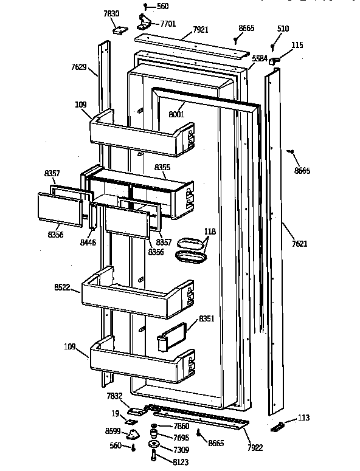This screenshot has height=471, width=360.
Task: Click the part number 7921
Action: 201,29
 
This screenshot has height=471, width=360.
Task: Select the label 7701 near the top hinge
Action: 168,24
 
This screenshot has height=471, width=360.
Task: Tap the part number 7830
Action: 111,13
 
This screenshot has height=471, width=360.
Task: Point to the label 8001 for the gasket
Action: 176,114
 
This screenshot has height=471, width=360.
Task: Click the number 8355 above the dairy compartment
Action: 162,167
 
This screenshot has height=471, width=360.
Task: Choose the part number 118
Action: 210,232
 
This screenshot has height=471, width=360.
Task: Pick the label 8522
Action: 62,287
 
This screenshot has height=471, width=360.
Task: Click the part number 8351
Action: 206,318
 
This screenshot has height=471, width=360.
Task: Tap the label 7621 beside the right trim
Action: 300,243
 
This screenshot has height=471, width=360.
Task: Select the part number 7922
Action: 255,447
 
